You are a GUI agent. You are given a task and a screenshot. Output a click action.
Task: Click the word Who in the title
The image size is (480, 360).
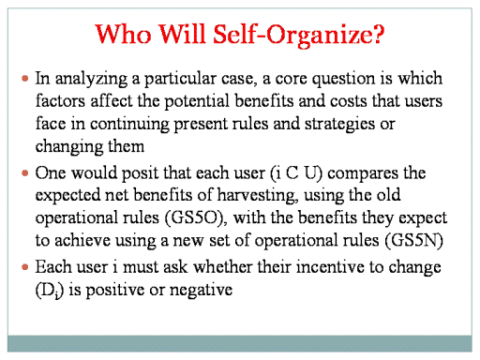coord(123,34)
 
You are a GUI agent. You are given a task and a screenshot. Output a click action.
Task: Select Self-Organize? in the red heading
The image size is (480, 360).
coord(298,36)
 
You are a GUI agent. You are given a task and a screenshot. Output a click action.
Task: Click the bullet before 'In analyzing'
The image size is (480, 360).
coord(25,78)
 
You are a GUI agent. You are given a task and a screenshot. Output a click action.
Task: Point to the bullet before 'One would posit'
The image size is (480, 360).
coord(25,172)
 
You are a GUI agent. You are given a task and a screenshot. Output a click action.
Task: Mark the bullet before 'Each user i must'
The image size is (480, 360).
coord(25,267)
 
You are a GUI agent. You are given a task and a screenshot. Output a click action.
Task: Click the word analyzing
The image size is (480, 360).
coord(91,80)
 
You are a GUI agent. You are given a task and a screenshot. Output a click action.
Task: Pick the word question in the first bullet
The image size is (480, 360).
coord(344,80)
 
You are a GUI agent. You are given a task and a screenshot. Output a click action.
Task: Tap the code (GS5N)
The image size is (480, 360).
coord(414,241)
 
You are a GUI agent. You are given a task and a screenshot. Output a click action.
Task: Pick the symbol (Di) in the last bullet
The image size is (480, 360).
coord(50,291)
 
